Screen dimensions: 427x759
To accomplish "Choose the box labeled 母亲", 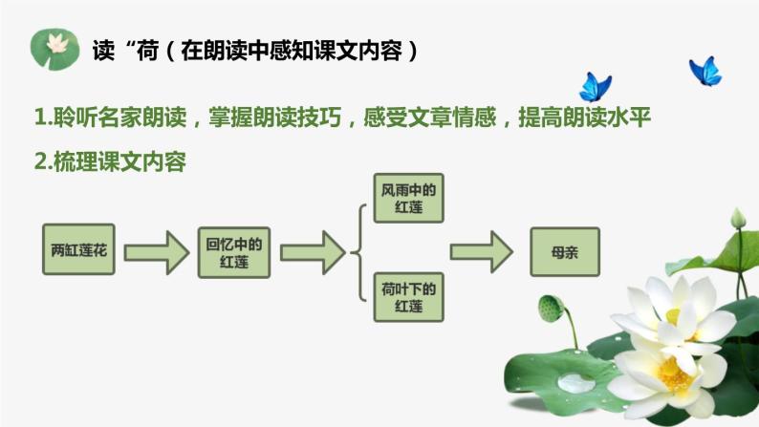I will click(564, 253).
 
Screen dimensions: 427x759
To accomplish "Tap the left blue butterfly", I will click(595, 86).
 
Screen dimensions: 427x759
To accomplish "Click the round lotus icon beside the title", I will click(54, 48).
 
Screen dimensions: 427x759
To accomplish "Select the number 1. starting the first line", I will click(42, 117).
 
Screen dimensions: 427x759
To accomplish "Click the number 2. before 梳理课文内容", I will click(42, 162).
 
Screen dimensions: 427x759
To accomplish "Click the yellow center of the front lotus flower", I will click(676, 373).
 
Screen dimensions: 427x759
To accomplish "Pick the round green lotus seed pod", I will click(552, 308).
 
